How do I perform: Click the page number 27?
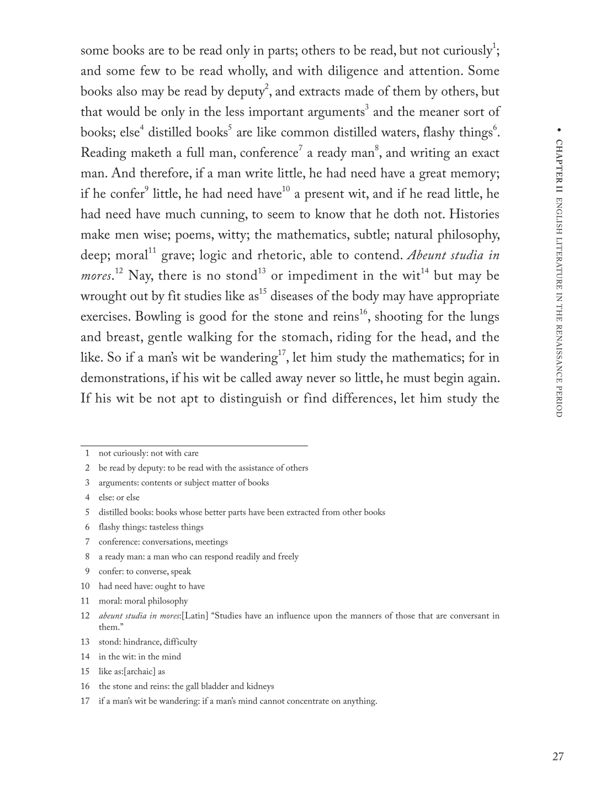(558, 756)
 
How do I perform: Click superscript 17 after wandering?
(281, 353)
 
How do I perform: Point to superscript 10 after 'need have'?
(286, 189)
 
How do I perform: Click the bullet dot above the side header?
(559, 130)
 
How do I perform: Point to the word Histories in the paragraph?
(473, 215)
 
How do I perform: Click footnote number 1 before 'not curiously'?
(87, 453)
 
